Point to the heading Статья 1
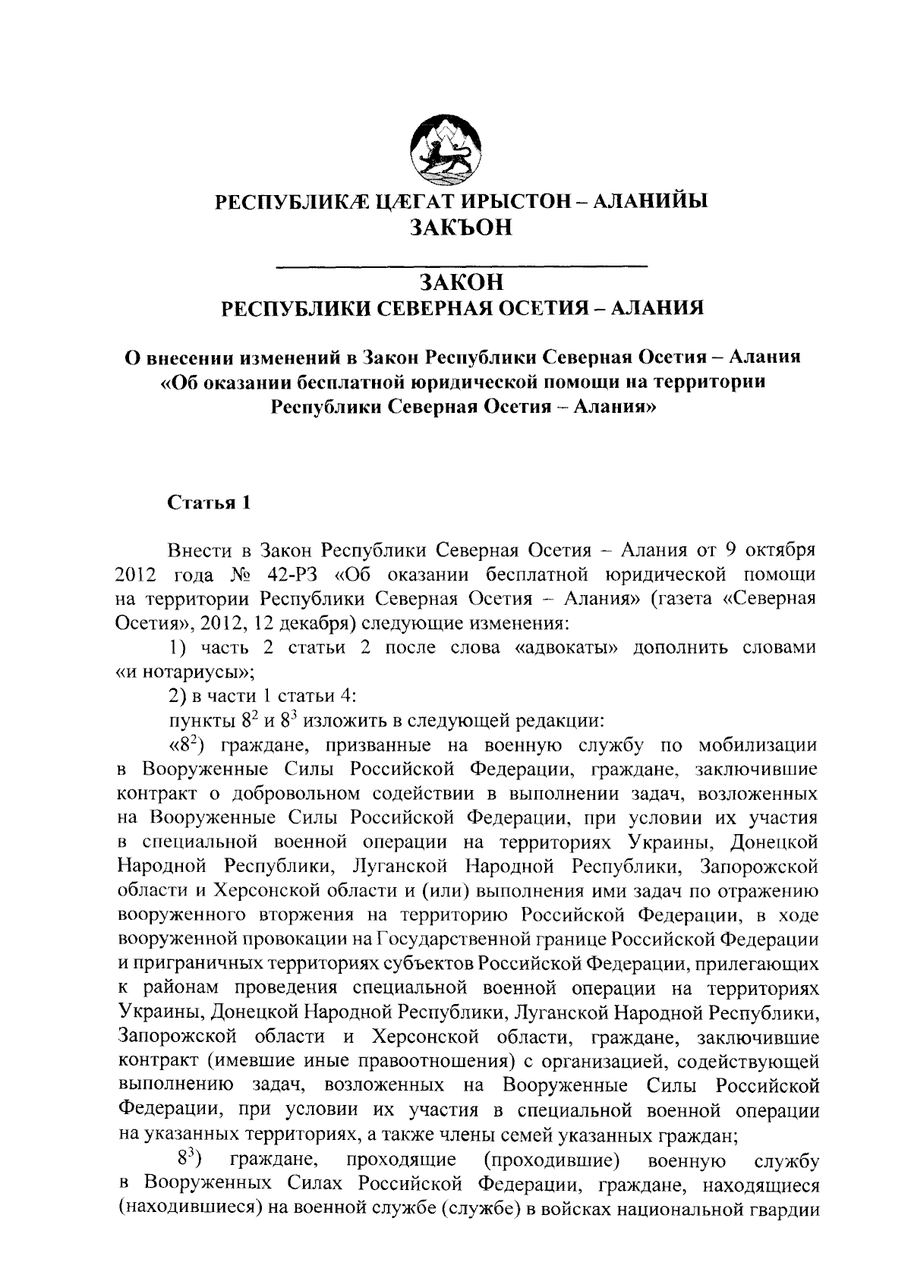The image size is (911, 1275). pos(208,503)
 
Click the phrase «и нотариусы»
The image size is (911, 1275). pos(184,672)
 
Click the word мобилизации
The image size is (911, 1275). pos(758,747)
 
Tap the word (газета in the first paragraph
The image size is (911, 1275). pos(682,599)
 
